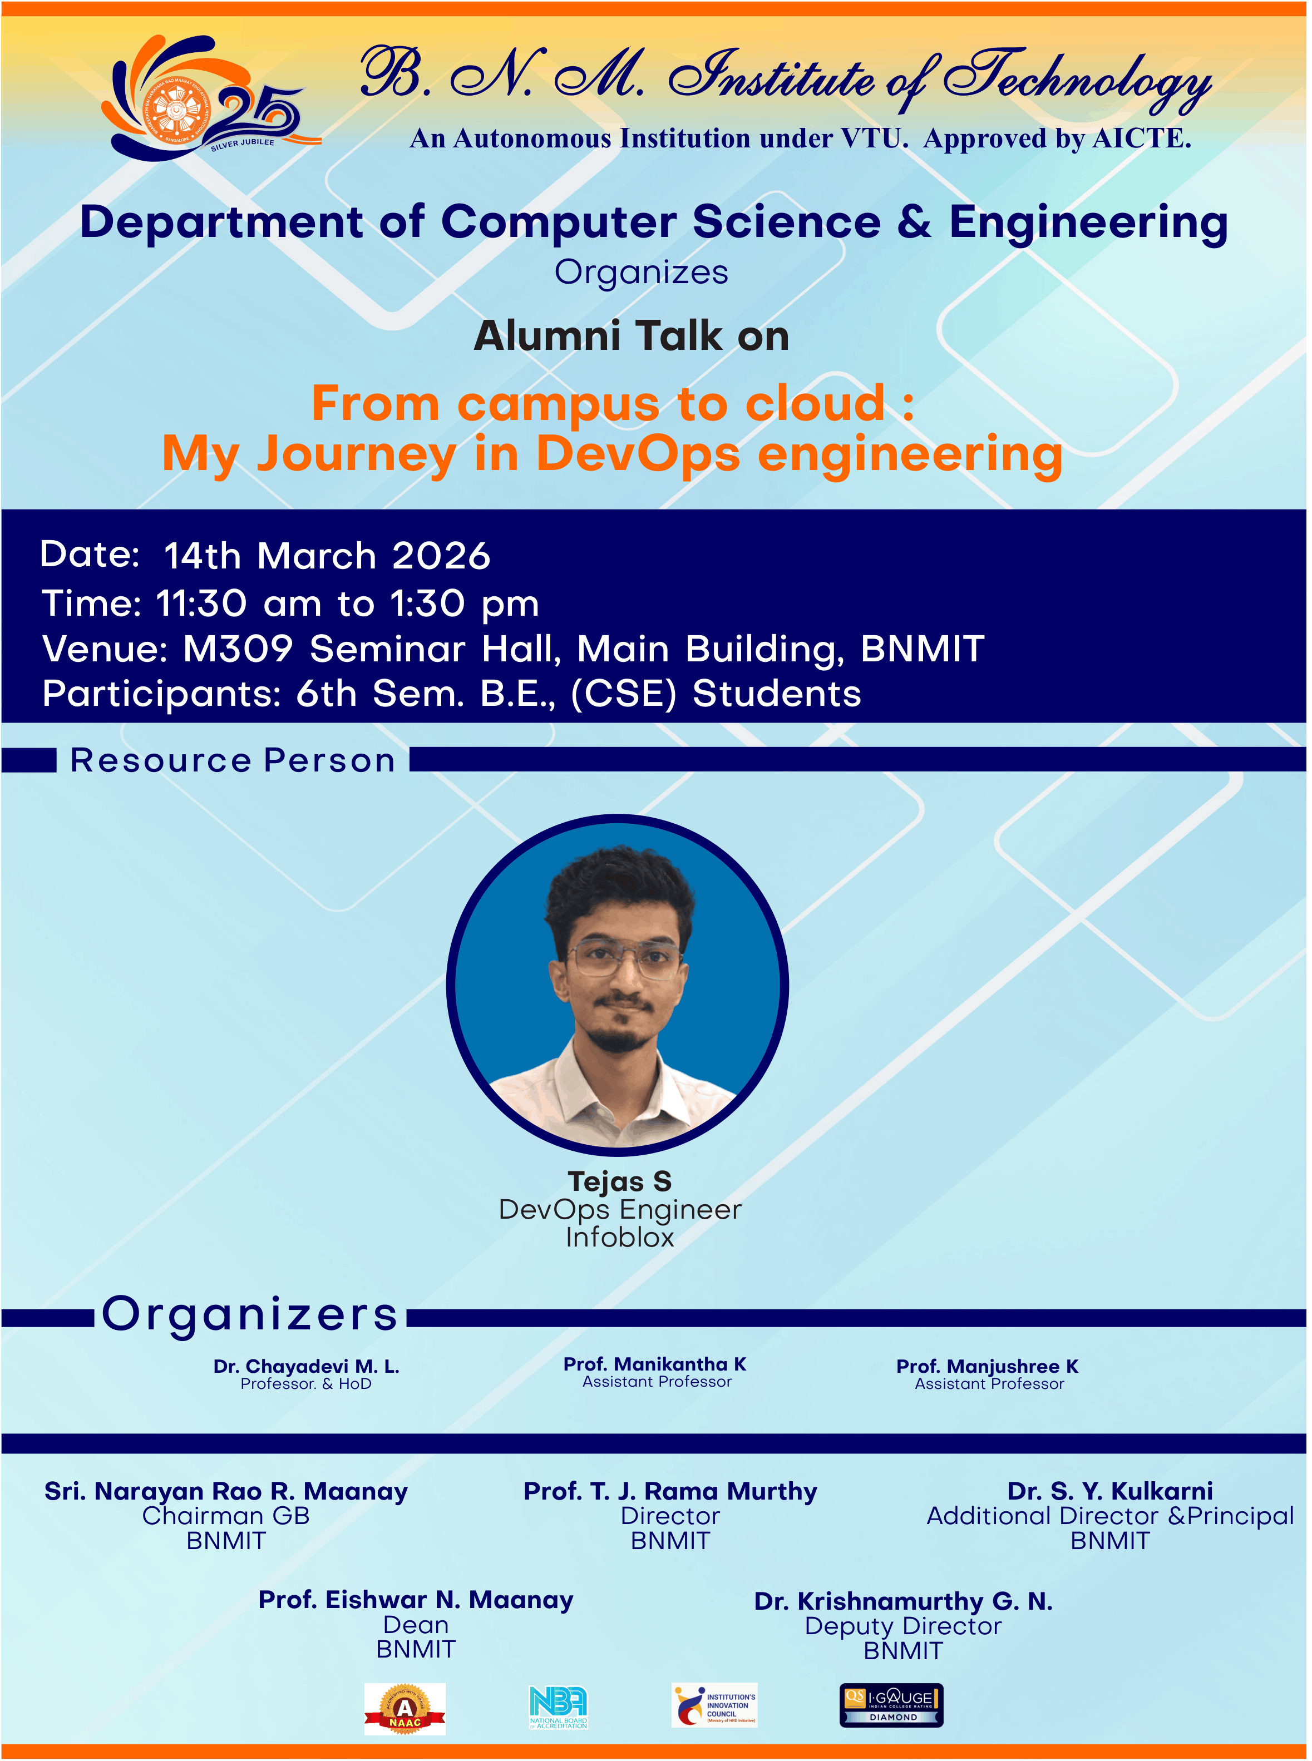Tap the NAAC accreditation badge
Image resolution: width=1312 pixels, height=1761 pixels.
pos(405,1709)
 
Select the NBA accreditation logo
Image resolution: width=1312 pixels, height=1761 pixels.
pos(558,1708)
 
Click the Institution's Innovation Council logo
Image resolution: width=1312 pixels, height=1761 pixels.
pos(714,1705)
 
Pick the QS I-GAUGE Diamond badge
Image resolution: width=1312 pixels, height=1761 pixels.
pos(891,1705)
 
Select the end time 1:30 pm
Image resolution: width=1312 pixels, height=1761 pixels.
pos(465,604)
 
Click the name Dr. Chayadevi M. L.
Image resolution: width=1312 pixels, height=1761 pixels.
pos(307,1367)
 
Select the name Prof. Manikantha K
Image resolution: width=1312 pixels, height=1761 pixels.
pos(655,1364)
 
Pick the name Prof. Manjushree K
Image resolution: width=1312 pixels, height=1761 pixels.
pos(987,1367)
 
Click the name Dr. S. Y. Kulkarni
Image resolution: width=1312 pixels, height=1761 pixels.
pos(1110,1491)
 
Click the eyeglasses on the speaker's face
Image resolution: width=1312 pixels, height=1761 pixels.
pos(624,958)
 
